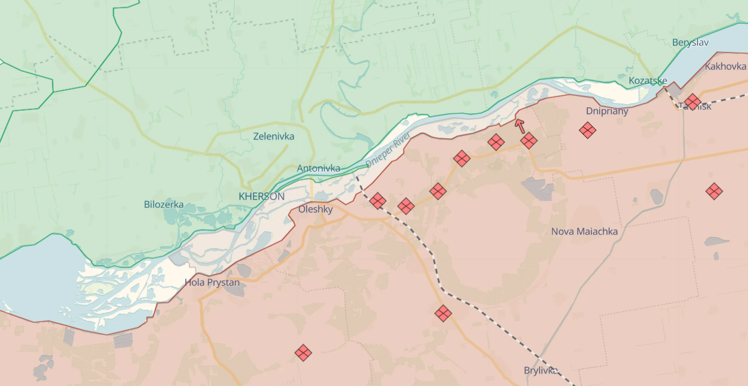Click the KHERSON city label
(261, 196)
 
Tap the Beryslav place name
(690, 42)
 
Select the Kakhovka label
(725, 66)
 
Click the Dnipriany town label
(607, 111)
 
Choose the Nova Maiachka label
(584, 231)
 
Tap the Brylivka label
(541, 370)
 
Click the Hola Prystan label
(212, 282)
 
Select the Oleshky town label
(315, 209)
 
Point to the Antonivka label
(319, 168)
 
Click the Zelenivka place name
(273, 136)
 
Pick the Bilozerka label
(164, 204)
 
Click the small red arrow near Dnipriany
(520, 126)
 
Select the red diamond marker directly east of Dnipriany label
(588, 130)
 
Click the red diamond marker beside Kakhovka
(692, 102)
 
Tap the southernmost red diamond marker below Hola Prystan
(303, 353)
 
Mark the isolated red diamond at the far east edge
(714, 191)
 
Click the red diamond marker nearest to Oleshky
(378, 201)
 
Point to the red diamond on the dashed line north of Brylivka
(443, 313)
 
